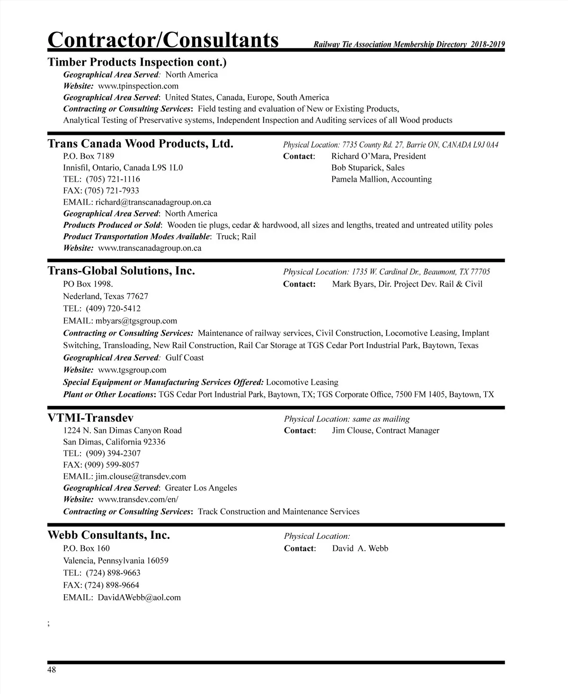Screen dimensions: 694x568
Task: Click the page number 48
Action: pyautogui.click(x=52, y=670)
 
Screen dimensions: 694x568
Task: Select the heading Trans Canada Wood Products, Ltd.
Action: pyautogui.click(x=140, y=143)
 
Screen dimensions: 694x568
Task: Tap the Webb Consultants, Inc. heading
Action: pyautogui.click(x=108, y=535)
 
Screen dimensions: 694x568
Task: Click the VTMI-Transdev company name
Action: pyautogui.click(x=90, y=418)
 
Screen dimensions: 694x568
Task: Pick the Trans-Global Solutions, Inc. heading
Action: pyautogui.click(x=121, y=271)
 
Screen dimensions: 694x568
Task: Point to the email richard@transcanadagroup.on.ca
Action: pyautogui.click(x=153, y=202)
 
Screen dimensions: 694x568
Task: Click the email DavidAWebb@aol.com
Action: pyautogui.click(x=139, y=597)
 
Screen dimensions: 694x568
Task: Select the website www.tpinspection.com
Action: pyautogui.click(x=138, y=86)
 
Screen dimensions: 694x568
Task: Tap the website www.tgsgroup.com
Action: pyautogui.click(x=132, y=370)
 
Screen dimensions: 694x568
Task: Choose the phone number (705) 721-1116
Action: pyautogui.click(x=113, y=179)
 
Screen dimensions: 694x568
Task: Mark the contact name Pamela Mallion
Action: pyautogui.click(x=355, y=179)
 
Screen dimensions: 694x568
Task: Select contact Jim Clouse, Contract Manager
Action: pyautogui.click(x=385, y=430)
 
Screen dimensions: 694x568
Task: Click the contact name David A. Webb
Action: pyautogui.click(x=360, y=549)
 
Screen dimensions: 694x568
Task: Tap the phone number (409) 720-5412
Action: pyautogui.click(x=113, y=308)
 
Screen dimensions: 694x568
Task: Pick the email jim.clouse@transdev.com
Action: pyautogui.click(x=141, y=476)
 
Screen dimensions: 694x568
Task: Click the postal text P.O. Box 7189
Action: pyautogui.click(x=89, y=156)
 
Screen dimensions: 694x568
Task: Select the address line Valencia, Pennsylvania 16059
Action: pyautogui.click(x=115, y=561)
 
